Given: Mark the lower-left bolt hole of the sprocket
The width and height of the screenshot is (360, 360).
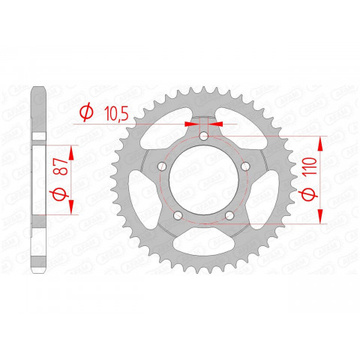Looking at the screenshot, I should (178, 217).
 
